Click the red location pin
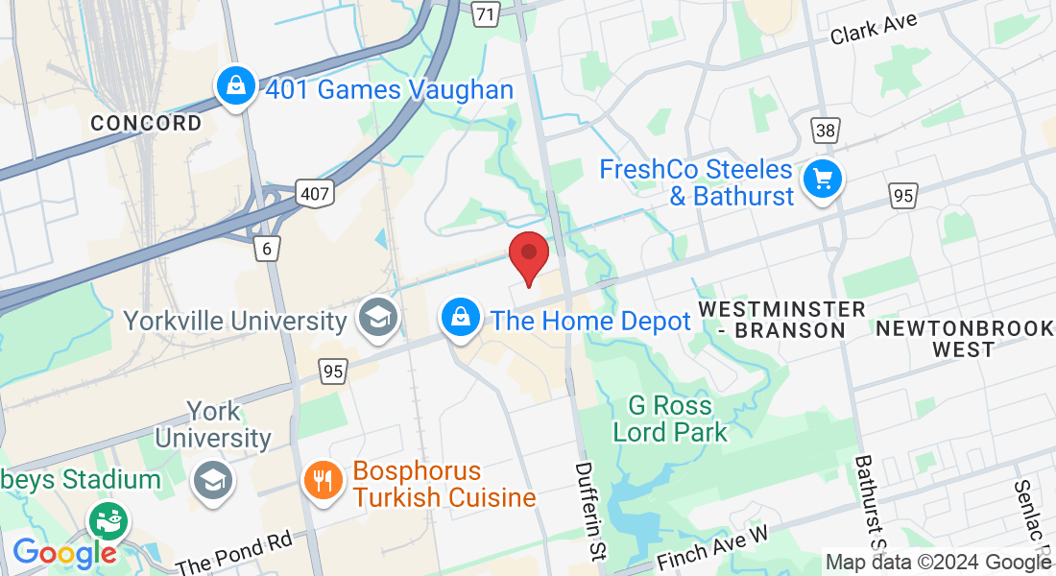pyautogui.click(x=528, y=255)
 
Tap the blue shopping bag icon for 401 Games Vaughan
pyautogui.click(x=235, y=88)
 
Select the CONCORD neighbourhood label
pyautogui.click(x=147, y=123)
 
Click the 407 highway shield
pyautogui.click(x=315, y=194)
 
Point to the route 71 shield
pyautogui.click(x=487, y=13)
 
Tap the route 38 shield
pyautogui.click(x=825, y=130)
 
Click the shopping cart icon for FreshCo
pyautogui.click(x=822, y=180)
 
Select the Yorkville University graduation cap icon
pyautogui.click(x=377, y=319)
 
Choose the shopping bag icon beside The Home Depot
pyautogui.click(x=461, y=318)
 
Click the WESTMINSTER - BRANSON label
pyautogui.click(x=782, y=320)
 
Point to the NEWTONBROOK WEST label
pyautogui.click(x=964, y=339)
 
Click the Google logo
pyautogui.click(x=63, y=553)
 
